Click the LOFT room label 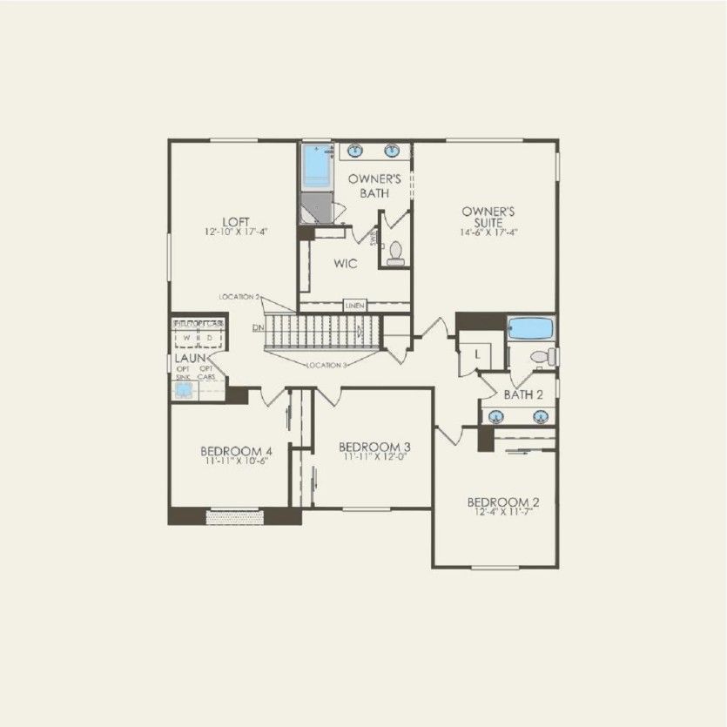point(230,221)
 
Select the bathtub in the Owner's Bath point(317,165)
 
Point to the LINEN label point(354,306)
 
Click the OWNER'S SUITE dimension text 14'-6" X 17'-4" point(489,232)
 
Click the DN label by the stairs point(258,327)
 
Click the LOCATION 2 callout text point(239,298)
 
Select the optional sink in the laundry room point(184,390)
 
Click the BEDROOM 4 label point(236,451)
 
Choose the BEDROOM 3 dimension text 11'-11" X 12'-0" point(374,456)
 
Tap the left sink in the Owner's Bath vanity point(356,152)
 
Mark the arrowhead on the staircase point(360,330)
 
